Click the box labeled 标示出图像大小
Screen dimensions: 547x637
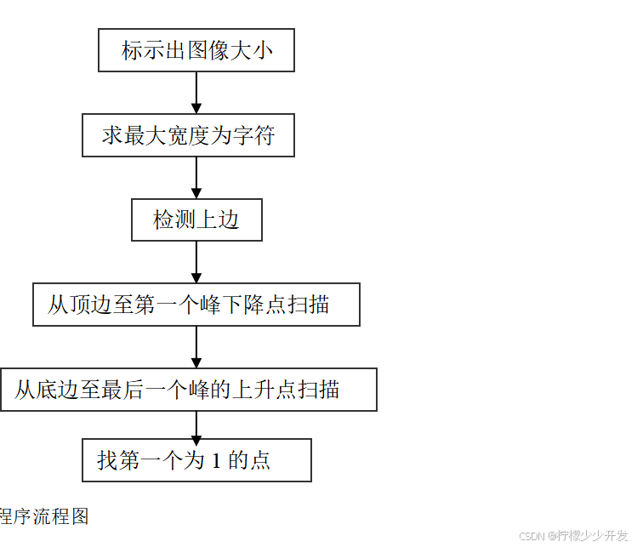(x=196, y=50)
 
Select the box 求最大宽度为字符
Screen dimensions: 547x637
(x=188, y=135)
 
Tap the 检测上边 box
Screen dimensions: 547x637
(x=196, y=220)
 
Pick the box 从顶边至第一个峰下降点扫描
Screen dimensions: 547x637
(x=196, y=305)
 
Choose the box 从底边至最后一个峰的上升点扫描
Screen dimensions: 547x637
(x=188, y=390)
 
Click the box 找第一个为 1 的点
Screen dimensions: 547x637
(x=196, y=460)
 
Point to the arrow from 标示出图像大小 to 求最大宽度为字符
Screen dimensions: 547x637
(x=196, y=93)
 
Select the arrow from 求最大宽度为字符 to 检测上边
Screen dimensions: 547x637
(x=196, y=178)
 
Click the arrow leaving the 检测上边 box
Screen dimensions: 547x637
(x=196, y=262)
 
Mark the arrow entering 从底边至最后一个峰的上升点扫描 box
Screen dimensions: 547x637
(x=196, y=347)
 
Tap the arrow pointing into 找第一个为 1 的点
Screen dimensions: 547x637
(x=196, y=425)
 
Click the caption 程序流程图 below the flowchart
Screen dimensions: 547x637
(x=44, y=516)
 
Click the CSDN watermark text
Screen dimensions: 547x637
(x=572, y=536)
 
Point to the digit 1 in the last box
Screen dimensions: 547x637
(x=215, y=461)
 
